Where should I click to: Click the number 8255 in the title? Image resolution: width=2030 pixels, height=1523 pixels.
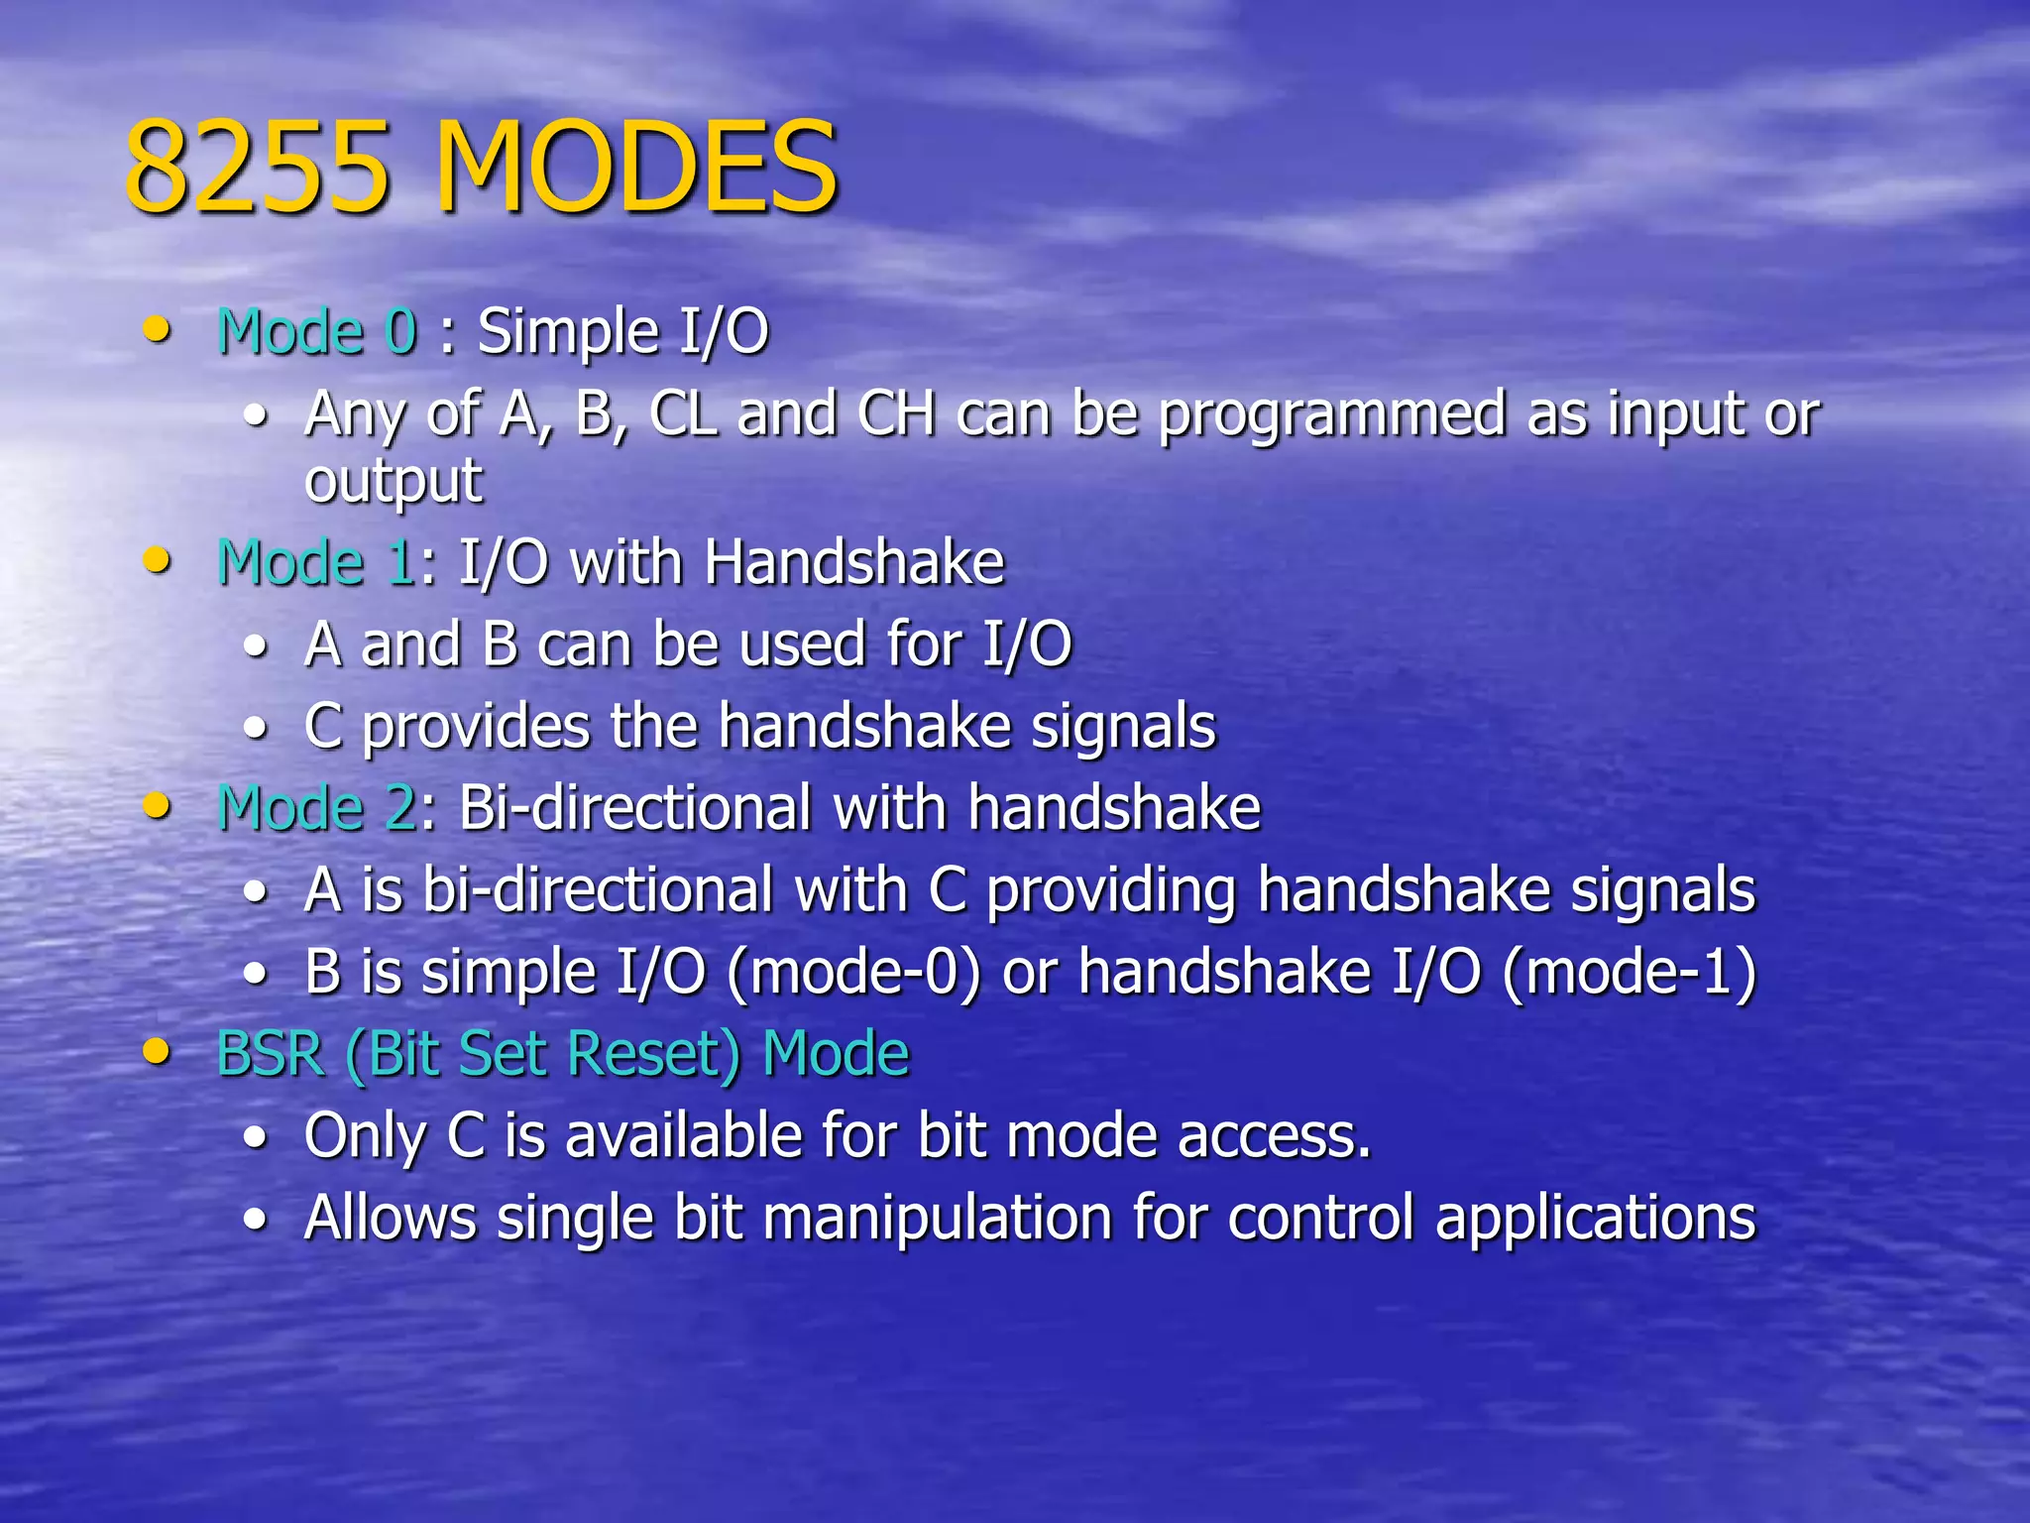(x=257, y=167)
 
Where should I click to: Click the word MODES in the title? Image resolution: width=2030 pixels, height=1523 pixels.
(x=636, y=167)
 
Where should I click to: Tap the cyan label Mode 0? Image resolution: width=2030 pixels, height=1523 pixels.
(x=317, y=331)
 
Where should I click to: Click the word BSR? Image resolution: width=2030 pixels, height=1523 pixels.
(x=271, y=1053)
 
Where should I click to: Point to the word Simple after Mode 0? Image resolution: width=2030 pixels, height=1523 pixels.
(x=568, y=333)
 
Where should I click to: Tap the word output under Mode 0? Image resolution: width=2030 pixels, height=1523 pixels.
(x=394, y=482)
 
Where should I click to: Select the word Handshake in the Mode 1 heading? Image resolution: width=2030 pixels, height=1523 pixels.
(x=854, y=563)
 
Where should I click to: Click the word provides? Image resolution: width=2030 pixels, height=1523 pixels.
(x=476, y=728)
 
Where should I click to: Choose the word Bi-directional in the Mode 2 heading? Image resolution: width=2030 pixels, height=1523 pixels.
(x=635, y=807)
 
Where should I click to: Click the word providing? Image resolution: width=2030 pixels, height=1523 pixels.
(x=1111, y=890)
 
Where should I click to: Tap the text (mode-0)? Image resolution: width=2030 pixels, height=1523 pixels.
(x=853, y=972)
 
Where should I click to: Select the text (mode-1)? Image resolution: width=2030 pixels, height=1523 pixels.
(x=1629, y=972)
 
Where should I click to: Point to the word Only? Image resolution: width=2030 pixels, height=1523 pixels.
(x=365, y=1136)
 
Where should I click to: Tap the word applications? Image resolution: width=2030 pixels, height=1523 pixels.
(x=1595, y=1219)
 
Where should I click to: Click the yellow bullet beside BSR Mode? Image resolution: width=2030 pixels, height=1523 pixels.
(x=157, y=1051)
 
